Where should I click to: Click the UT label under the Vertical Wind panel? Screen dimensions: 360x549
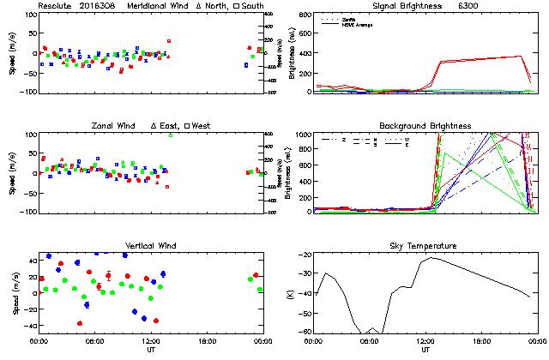coord(151,350)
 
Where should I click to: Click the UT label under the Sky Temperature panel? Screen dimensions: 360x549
coord(425,350)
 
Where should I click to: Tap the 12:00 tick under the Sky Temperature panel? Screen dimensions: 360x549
coord(425,341)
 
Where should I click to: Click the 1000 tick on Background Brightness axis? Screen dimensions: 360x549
coord(302,135)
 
